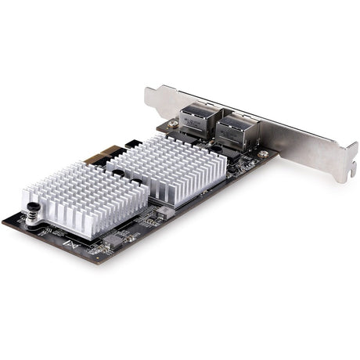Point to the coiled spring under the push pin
click(x=33, y=220)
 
